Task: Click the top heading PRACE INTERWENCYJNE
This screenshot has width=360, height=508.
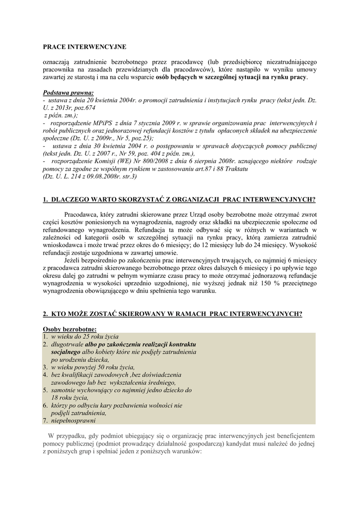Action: pos(84,47)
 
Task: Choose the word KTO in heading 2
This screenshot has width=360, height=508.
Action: pos(57,314)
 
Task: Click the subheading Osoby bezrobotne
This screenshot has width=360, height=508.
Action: pos(70,328)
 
